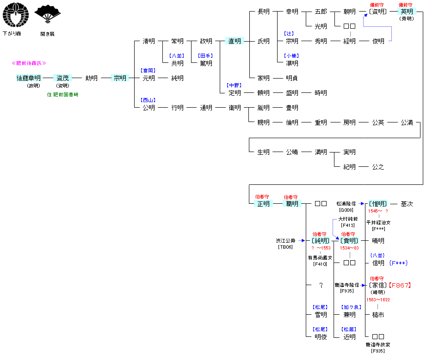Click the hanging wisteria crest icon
[15, 15]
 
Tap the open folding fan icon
[47, 14]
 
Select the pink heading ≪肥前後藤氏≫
[29, 63]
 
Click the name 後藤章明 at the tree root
[29, 78]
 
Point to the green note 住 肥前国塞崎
[62, 95]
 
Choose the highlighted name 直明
[235, 41]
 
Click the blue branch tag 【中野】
[235, 85]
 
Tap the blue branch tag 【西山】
[148, 100]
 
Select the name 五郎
[321, 12]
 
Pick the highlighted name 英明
[407, 12]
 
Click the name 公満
[407, 122]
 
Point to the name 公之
[378, 167]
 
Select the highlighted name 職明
[292, 204]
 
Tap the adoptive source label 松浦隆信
[346, 204]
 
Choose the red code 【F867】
[399, 285]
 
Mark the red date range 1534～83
[349, 248]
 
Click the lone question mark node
[321, 285]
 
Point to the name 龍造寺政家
[378, 345]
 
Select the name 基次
[407, 204]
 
